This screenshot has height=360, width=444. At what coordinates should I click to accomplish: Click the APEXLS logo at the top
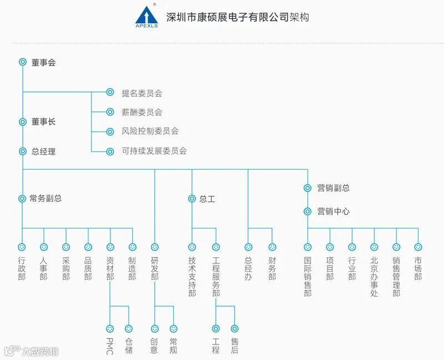pos(147,17)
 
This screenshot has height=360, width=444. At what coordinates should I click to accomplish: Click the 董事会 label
pos(43,63)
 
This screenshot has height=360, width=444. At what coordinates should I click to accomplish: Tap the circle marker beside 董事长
pos(23,122)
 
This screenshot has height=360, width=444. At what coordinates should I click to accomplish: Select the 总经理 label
pos(43,151)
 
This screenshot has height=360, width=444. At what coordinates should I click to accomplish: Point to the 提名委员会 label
pos(142,93)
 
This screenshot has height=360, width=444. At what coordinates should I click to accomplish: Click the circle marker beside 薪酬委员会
pos(110,112)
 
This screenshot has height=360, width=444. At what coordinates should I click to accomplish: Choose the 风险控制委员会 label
pos(150,131)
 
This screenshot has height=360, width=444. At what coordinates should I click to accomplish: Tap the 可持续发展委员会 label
pos(154,151)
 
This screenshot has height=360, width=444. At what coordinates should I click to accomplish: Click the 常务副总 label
pos(46,199)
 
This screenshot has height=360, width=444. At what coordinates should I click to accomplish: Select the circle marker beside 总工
pos(192,199)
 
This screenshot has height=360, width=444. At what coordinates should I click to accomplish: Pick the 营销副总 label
pos(334,188)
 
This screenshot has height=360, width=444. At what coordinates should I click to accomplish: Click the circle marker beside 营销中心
pos(307,211)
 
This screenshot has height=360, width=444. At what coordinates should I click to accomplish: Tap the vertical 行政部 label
pos(22,268)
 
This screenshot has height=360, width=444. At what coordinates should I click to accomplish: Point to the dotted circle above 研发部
pos(155,247)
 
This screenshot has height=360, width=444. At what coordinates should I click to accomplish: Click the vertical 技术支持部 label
pos(192,276)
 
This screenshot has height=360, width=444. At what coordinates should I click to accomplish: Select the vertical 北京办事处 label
pos(374,276)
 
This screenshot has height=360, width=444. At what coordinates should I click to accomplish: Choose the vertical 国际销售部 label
pos(307,276)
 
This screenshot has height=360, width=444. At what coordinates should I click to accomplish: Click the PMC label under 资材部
pos(110,346)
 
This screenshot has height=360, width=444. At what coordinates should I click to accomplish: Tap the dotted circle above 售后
pos(235,328)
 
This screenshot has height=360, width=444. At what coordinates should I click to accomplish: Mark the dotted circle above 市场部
pos(418,247)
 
